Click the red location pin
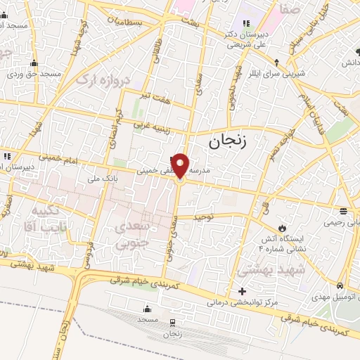pos(181,165)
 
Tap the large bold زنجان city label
pos(228,141)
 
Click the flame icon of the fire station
pos(283,229)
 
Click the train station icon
pos(173,322)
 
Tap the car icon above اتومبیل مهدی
pos(340,285)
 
